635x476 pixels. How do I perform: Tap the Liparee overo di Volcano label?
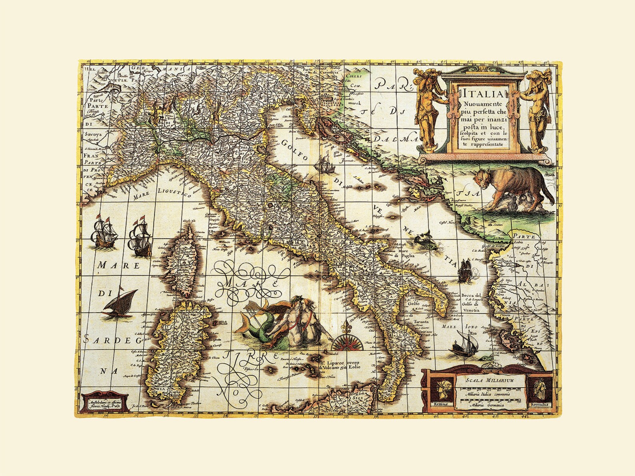340,364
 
